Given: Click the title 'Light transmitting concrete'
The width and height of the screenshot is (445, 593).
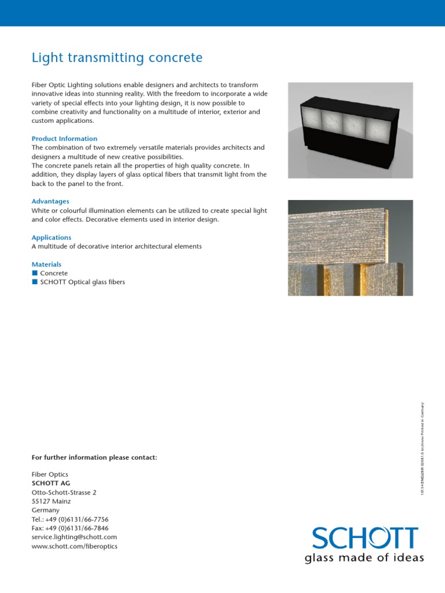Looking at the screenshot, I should (117, 58).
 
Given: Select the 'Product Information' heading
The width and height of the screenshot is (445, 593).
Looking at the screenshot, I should (64, 139).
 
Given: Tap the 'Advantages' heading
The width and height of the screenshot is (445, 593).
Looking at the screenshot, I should (50, 201).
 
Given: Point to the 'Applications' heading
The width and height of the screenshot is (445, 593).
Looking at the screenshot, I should (52, 237).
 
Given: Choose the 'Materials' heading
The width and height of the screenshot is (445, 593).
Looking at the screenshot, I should (46, 264).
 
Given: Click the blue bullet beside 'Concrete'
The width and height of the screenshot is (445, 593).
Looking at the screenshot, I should (35, 273).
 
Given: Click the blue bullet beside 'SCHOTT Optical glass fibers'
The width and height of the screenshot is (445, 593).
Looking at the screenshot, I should (35, 282).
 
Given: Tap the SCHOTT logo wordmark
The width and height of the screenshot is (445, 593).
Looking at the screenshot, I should (364, 539).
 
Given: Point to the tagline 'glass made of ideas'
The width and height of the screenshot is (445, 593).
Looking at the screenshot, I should (364, 558).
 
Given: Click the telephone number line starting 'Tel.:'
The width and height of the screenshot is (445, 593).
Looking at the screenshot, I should (70, 519).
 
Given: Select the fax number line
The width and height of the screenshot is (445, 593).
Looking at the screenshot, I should (70, 528).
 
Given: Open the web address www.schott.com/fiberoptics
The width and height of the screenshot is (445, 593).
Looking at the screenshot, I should (74, 546).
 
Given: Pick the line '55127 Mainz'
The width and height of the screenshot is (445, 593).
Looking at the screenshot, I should (51, 501).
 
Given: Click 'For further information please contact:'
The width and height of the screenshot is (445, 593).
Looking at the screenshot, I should (94, 457).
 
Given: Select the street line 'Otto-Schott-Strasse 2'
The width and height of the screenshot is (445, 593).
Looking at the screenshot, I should (64, 492).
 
